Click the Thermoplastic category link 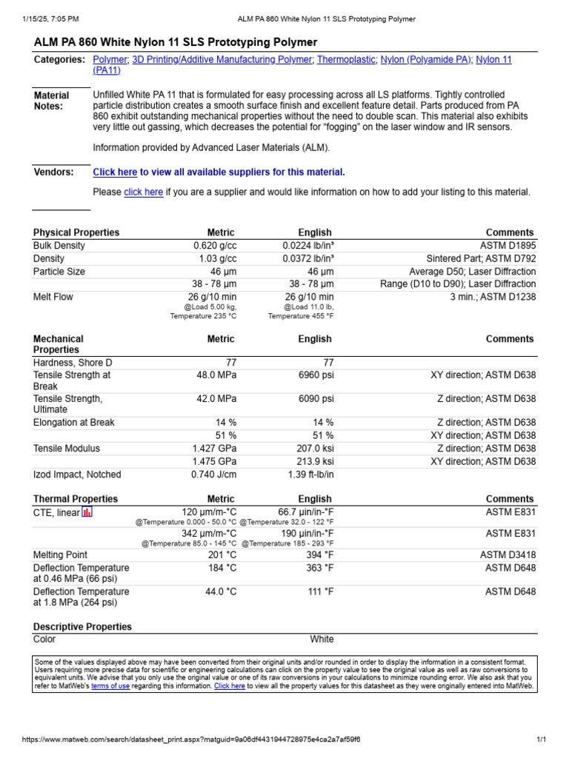[x=346, y=59]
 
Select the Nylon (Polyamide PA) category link [x=426, y=59]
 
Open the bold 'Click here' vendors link [x=115, y=172]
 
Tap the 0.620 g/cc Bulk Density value [x=215, y=246]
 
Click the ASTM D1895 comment [x=507, y=246]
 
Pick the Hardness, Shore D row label [x=73, y=363]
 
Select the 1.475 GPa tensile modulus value [x=214, y=462]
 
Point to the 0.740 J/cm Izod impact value [x=213, y=474]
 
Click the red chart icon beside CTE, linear [x=87, y=512]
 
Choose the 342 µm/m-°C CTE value [x=209, y=533]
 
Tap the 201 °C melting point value [x=221, y=555]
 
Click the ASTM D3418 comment [x=508, y=555]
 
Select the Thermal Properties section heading [x=76, y=499]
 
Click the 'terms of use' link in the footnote [x=110, y=686]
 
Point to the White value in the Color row [x=322, y=640]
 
